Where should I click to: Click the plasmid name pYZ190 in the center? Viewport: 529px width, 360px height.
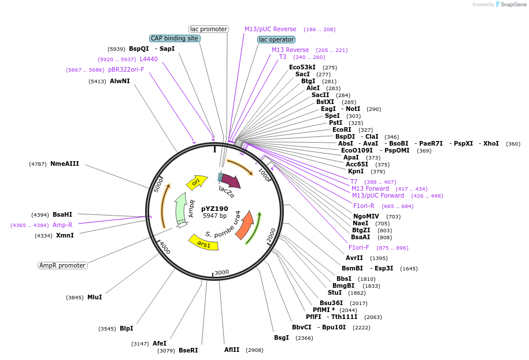tap(215, 209)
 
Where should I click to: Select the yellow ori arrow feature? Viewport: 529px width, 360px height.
tap(197, 182)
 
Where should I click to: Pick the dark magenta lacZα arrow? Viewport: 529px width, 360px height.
tap(234, 182)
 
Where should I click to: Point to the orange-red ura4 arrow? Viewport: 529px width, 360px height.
tap(245, 225)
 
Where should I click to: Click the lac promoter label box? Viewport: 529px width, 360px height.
tap(209, 29)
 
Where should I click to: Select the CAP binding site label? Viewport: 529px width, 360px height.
tap(175, 38)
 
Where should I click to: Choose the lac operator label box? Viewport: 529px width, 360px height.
tap(276, 39)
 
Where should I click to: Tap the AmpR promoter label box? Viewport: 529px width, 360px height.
tap(62, 265)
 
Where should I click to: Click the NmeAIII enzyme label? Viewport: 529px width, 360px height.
tap(65, 164)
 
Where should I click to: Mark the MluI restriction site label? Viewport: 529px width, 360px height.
tap(94, 298)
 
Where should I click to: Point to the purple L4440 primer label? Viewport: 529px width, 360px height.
tap(149, 59)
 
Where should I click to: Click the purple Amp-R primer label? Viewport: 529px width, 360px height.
tap(62, 225)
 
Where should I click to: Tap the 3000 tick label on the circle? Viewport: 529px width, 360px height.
tap(221, 273)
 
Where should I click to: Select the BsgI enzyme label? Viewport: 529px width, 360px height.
tap(282, 337)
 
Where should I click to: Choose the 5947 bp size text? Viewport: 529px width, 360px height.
tap(215, 216)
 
